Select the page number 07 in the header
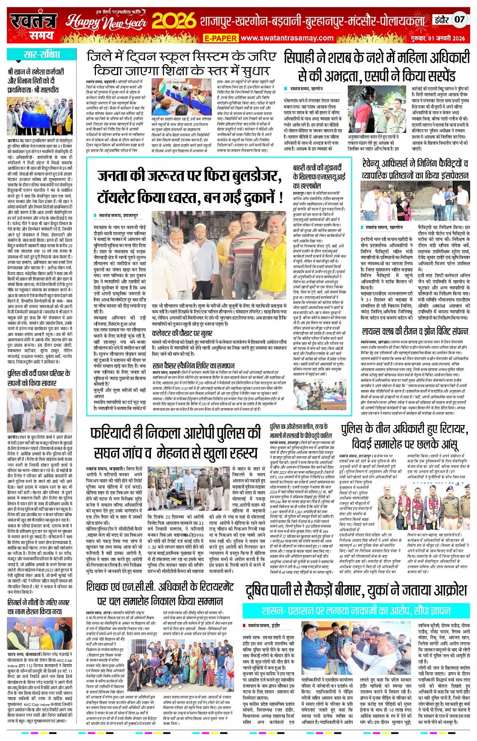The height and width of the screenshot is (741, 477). [459, 20]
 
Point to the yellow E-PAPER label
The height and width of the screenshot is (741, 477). [220, 38]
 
